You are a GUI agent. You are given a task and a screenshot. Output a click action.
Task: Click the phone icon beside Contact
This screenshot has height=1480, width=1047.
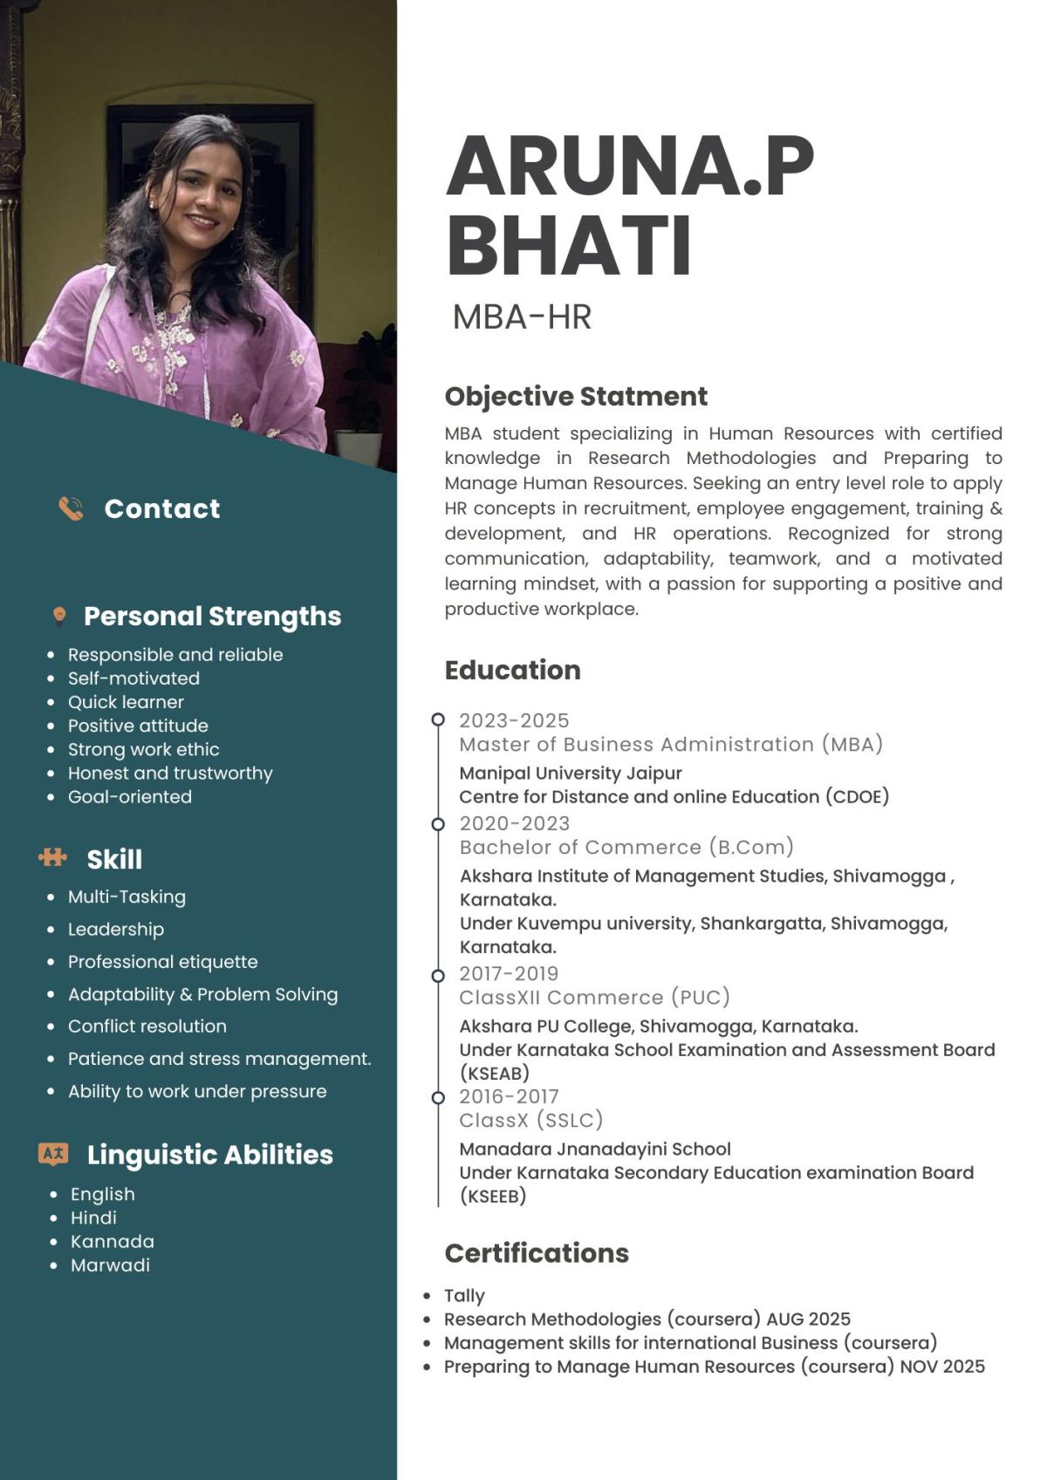(x=71, y=508)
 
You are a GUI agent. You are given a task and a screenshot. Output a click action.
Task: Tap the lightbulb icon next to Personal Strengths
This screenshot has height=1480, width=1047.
(x=59, y=617)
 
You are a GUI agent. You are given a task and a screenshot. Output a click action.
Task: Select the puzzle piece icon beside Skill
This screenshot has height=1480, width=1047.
(x=53, y=858)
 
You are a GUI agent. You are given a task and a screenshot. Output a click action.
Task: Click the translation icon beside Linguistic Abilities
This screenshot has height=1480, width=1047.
(x=53, y=1154)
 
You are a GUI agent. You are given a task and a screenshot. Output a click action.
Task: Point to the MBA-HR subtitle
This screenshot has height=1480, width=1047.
(x=522, y=317)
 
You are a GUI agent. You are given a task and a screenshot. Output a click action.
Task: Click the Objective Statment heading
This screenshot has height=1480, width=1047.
(x=576, y=397)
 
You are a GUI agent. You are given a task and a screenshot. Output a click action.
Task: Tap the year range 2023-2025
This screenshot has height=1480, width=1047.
(x=514, y=720)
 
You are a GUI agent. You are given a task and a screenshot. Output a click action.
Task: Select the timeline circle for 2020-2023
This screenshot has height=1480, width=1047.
(x=438, y=824)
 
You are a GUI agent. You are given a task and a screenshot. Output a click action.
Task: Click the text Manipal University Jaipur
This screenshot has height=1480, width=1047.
(x=571, y=773)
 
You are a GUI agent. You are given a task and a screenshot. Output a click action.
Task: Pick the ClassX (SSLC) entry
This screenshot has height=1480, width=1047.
(x=531, y=1120)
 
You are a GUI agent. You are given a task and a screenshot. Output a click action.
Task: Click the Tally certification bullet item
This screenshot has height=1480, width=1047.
(x=464, y=1296)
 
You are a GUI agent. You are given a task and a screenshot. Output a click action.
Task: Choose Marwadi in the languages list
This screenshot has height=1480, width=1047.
(x=110, y=1265)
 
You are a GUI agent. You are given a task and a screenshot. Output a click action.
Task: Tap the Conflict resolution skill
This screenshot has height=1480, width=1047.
(x=147, y=1026)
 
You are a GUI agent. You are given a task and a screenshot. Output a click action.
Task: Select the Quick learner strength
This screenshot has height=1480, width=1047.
(x=126, y=702)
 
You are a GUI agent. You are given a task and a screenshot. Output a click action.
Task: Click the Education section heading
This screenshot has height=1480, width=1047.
(x=512, y=670)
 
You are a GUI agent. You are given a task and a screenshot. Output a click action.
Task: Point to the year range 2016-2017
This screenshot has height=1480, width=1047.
(x=509, y=1096)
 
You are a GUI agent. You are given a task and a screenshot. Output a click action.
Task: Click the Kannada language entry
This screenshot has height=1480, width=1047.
(x=113, y=1241)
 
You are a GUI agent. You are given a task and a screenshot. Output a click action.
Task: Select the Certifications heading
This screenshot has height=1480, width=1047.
(x=537, y=1253)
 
